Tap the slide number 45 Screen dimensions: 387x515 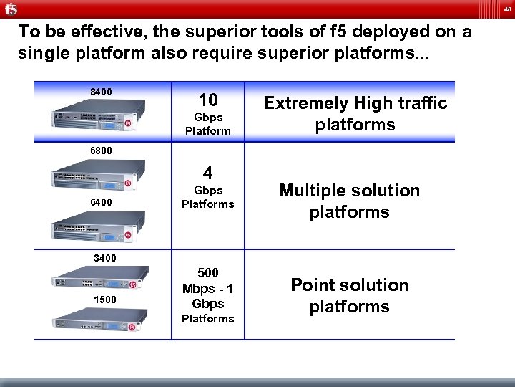pos(506,9)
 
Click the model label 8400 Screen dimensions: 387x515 pos(101,92)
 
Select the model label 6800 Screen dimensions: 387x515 pos(101,151)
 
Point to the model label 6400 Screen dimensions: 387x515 pos(101,203)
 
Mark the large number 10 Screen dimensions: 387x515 pos(208,100)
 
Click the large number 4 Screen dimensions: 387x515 pos(207,173)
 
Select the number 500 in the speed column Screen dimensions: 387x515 pos(207,273)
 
